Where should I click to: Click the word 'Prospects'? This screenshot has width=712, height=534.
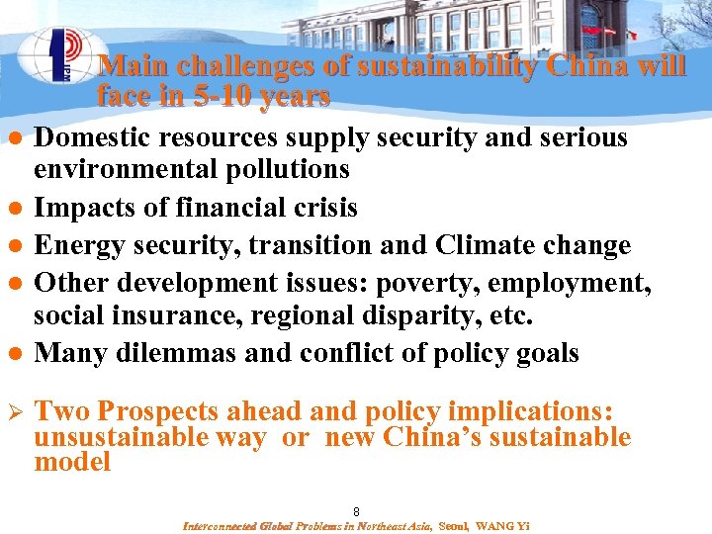pyautogui.click(x=161, y=411)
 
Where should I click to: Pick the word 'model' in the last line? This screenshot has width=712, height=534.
pyautogui.click(x=72, y=462)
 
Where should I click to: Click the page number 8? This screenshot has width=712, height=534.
pyautogui.click(x=356, y=511)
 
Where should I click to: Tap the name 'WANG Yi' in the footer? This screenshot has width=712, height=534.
pyautogui.click(x=502, y=526)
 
